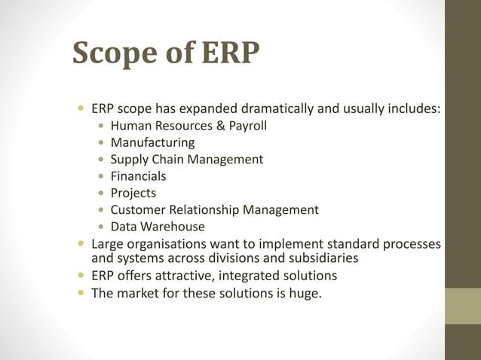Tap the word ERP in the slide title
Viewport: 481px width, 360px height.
point(231,53)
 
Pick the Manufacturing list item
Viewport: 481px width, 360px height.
point(152,142)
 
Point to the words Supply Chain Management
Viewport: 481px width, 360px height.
point(186,159)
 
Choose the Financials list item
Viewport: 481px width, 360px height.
point(138,175)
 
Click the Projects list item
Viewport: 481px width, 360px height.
point(133,193)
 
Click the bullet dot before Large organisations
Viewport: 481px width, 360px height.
point(81,244)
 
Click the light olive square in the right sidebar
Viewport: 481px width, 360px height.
point(463,306)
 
